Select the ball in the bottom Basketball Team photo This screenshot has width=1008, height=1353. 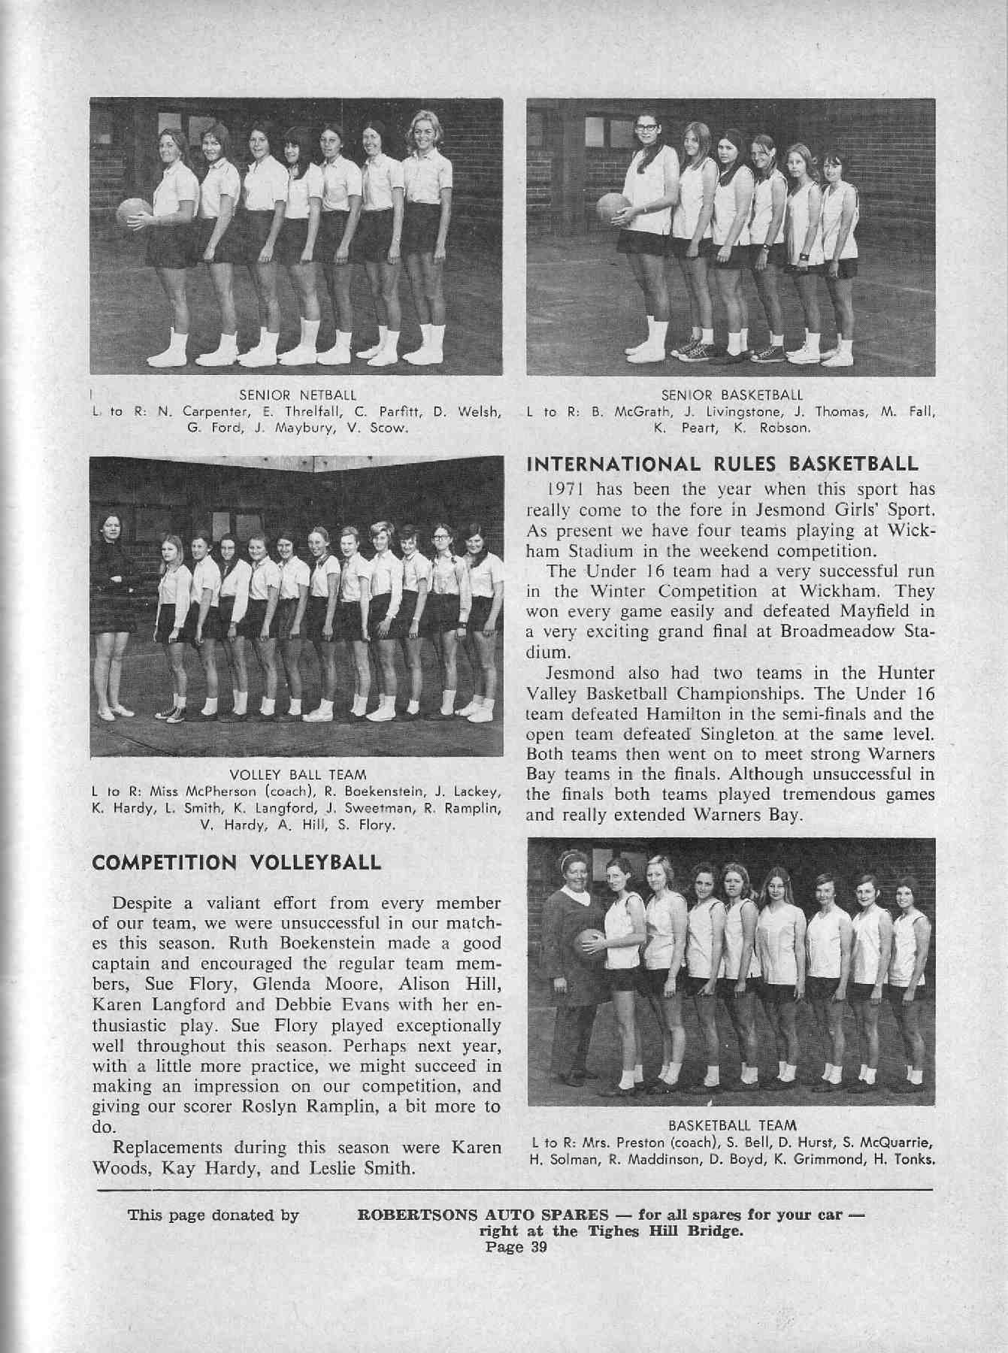point(590,949)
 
